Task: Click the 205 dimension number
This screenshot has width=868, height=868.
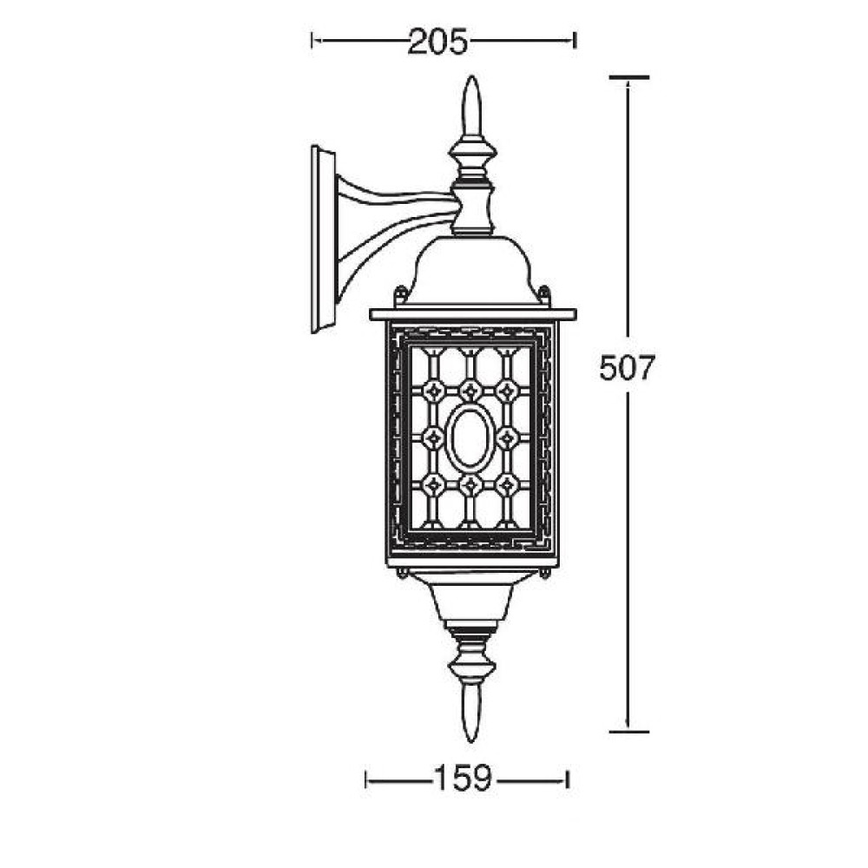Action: pyautogui.click(x=437, y=42)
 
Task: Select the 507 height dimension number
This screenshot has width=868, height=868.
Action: pyautogui.click(x=628, y=367)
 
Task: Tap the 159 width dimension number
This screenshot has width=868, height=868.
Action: pyautogui.click(x=464, y=778)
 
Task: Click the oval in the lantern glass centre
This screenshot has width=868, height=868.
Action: pyautogui.click(x=470, y=437)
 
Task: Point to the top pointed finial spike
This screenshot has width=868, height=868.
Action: pyautogui.click(x=471, y=105)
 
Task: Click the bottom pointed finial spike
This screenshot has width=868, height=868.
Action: pyautogui.click(x=471, y=714)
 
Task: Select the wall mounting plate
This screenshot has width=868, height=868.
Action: pyautogui.click(x=323, y=240)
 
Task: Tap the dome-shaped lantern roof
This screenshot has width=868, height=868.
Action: pyautogui.click(x=471, y=270)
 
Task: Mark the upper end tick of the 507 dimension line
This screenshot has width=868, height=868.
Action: pyautogui.click(x=628, y=77)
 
